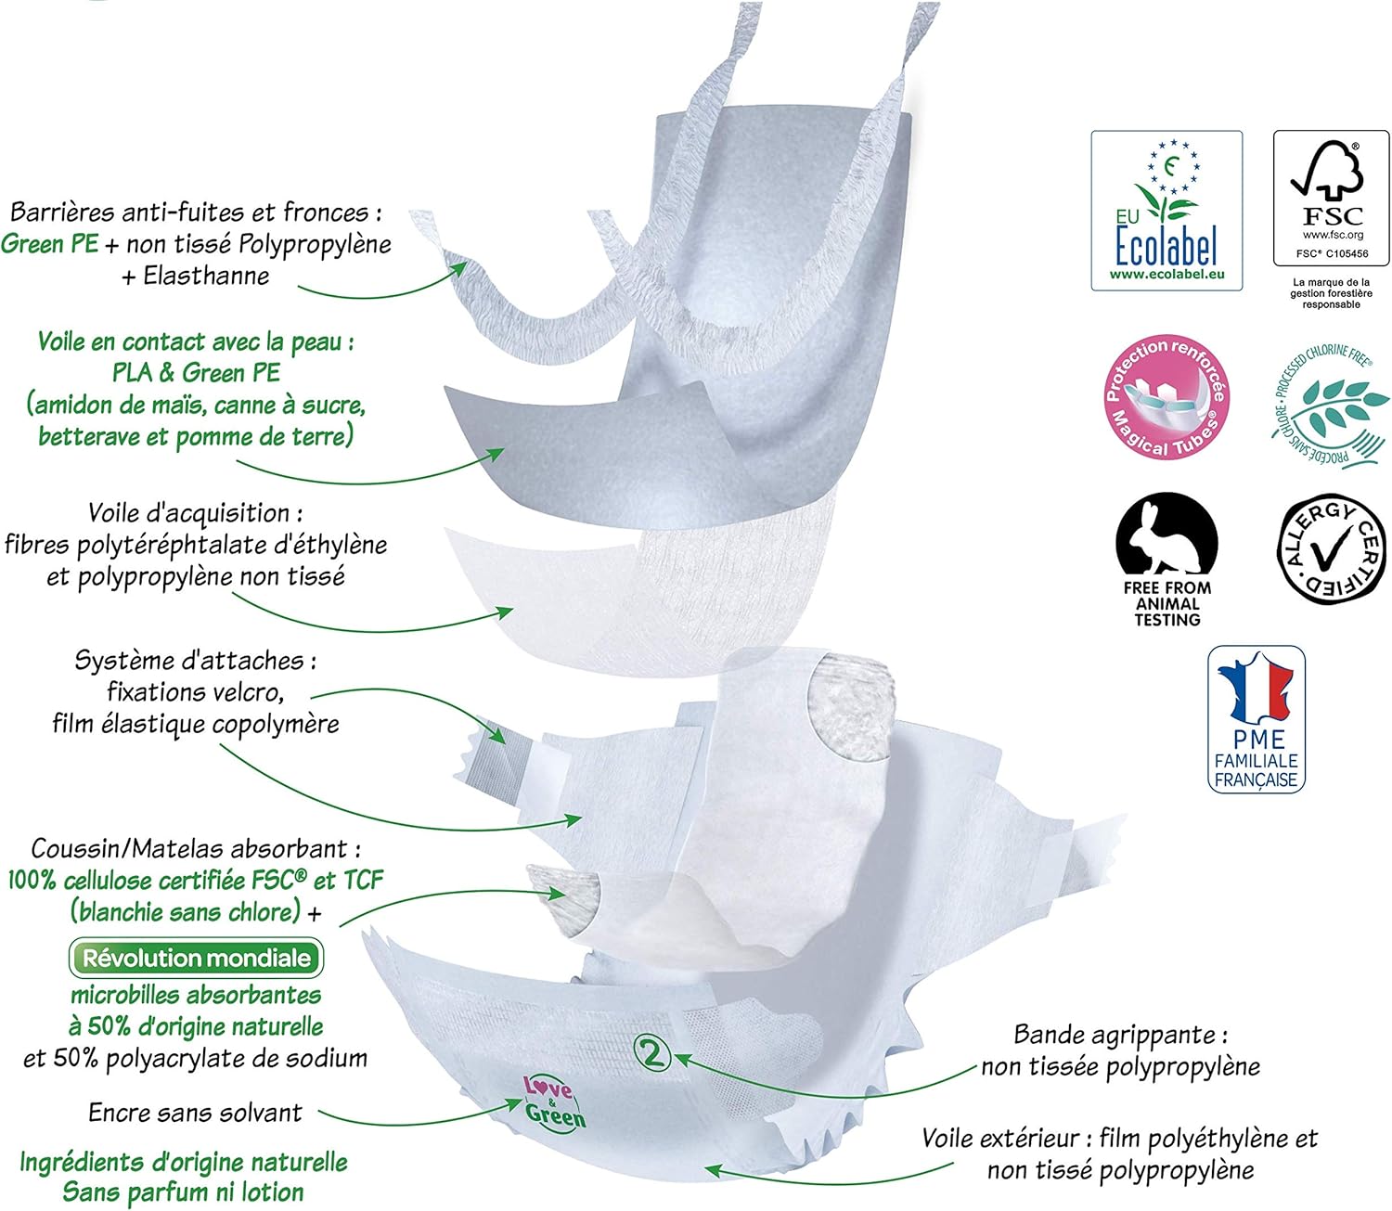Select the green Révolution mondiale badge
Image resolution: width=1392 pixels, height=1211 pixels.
click(x=196, y=958)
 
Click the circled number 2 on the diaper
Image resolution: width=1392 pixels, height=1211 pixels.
click(x=651, y=1053)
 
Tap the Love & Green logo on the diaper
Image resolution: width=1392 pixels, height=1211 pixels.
click(x=554, y=1101)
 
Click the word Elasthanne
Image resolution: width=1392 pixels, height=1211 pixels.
click(x=206, y=276)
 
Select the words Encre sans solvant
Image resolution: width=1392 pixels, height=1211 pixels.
click(x=195, y=1113)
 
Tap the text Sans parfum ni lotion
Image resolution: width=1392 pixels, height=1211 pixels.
click(x=183, y=1192)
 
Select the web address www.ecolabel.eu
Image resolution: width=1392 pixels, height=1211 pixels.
click(x=1166, y=275)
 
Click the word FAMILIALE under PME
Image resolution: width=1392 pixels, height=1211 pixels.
click(x=1256, y=761)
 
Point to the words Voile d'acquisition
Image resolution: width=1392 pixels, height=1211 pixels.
click(x=195, y=513)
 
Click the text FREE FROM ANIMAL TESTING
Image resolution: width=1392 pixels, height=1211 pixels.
click(x=1166, y=603)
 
